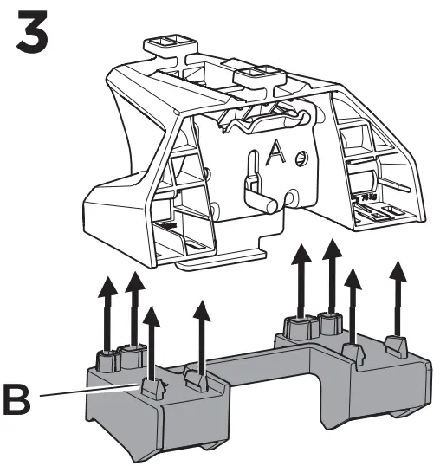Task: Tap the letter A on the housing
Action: (276, 154)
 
